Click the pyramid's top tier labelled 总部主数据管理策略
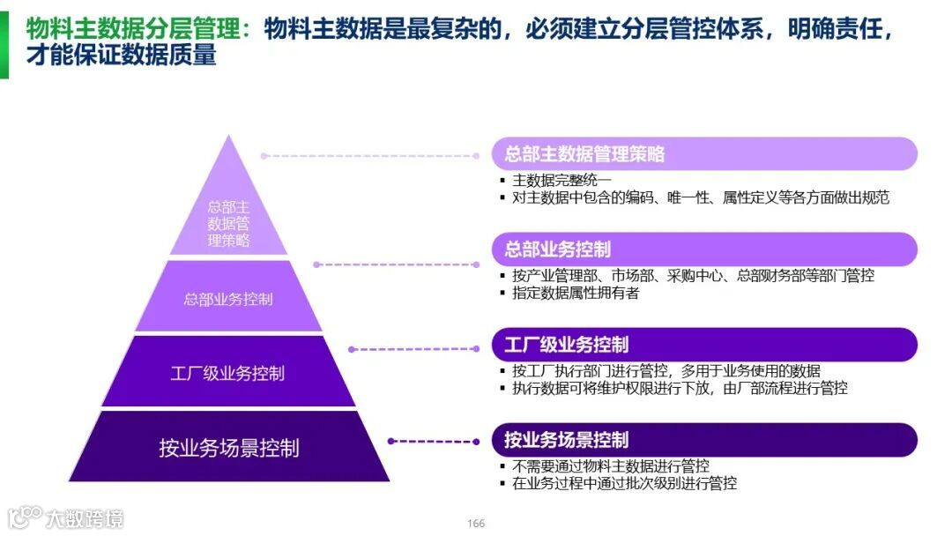pos(228,220)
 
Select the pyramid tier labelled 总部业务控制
pos(228,299)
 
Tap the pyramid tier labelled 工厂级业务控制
pos(228,372)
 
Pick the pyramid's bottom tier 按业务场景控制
pos(228,447)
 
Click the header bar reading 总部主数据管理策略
pos(703,154)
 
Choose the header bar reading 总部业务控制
pos(703,249)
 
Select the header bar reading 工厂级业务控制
pos(703,344)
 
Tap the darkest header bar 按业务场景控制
pos(703,439)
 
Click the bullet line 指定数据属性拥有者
pos(575,293)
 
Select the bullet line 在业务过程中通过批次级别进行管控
pos(623,483)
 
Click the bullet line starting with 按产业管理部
pos(692,275)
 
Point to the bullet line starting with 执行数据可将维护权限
pos(679,388)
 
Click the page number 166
pos(476,524)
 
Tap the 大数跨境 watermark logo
pos(66,517)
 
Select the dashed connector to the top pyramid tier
pos(376,155)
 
